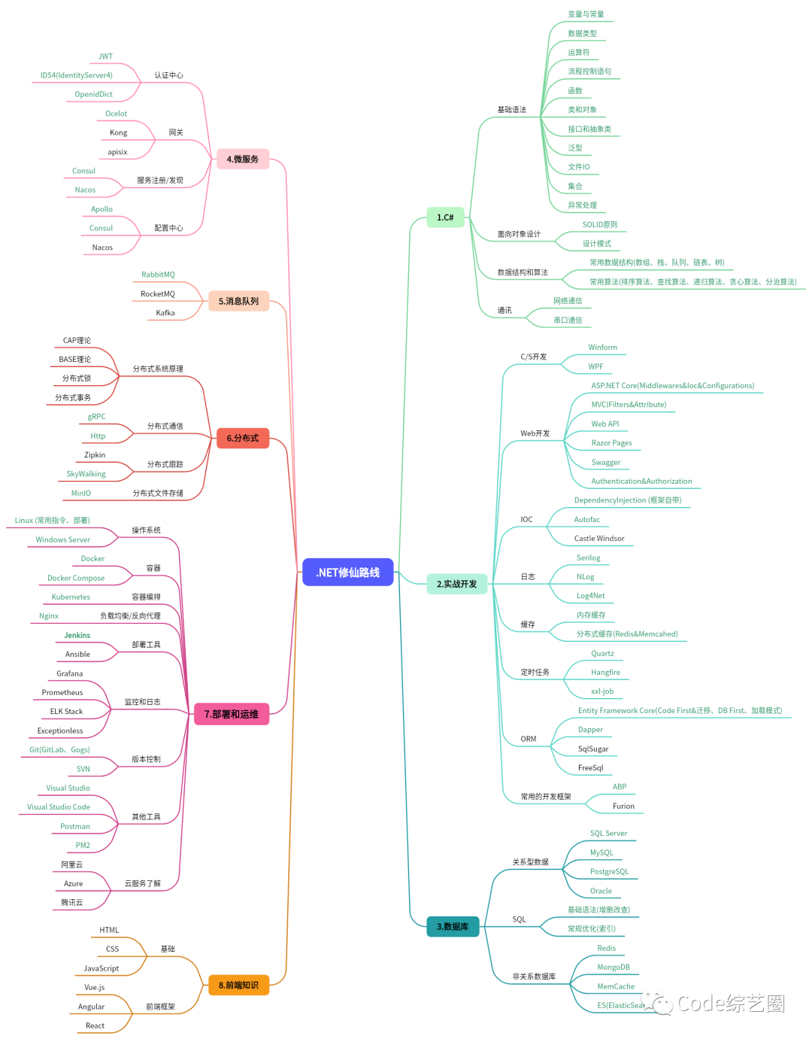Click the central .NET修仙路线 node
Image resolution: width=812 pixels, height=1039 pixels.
[x=347, y=573]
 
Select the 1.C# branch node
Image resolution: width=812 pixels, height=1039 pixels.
[x=445, y=217]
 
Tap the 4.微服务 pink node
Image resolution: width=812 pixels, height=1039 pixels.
[x=242, y=159]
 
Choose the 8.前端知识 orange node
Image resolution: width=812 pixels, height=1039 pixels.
[x=238, y=985]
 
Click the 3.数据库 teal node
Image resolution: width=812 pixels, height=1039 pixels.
[x=453, y=927]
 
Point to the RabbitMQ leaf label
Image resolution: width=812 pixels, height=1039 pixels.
[x=158, y=275]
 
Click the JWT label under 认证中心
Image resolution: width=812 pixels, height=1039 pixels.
[x=105, y=56]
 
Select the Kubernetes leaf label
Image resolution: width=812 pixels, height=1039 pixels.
[x=71, y=597]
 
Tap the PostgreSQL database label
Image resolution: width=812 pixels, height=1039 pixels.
[x=609, y=872]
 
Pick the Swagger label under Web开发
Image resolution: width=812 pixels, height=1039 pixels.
[x=606, y=463]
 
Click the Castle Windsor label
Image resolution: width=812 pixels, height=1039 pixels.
[x=599, y=539]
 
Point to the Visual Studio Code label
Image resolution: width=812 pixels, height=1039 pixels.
[x=59, y=807]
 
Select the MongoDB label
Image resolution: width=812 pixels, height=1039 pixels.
[x=614, y=968]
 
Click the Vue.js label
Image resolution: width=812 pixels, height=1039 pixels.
[x=95, y=988]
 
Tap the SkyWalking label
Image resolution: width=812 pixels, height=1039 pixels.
[x=86, y=474]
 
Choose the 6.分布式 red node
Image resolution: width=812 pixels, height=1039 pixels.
[x=242, y=438]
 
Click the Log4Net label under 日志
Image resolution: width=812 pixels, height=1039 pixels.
[x=590, y=596]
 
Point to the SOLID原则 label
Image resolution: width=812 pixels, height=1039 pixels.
[x=600, y=225]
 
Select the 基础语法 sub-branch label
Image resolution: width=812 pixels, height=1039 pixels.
[x=511, y=110]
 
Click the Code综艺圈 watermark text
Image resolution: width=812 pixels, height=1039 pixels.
[x=730, y=1003]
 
